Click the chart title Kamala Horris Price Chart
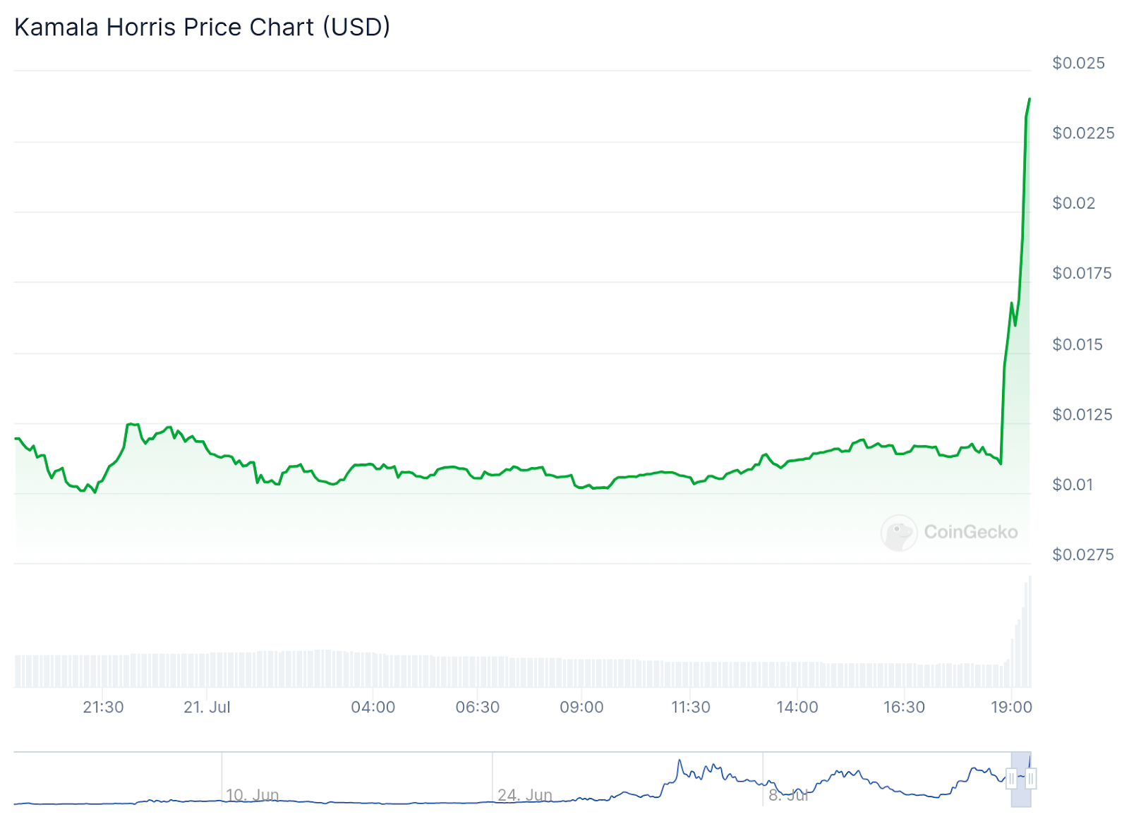click(202, 27)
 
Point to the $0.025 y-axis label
click(1078, 63)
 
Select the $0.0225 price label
click(1083, 133)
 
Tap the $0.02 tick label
click(1073, 203)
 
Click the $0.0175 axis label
click(1082, 273)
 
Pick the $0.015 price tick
click(1077, 344)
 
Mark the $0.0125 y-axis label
click(1082, 414)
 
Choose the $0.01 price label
click(1073, 485)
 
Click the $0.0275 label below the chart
click(1082, 555)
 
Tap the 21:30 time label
click(103, 707)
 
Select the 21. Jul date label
click(207, 707)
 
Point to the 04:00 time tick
click(373, 707)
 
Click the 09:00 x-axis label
click(581, 707)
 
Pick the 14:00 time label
click(797, 707)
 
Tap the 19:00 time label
click(1011, 707)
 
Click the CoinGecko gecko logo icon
click(898, 533)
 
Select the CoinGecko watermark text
click(971, 532)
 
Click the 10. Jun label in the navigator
click(252, 795)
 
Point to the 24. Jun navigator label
click(524, 795)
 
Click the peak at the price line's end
click(1029, 99)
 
